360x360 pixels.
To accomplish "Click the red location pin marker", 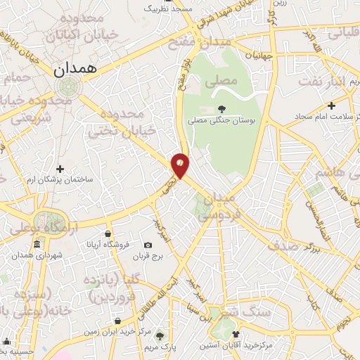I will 180,165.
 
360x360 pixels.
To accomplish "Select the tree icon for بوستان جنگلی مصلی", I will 222,109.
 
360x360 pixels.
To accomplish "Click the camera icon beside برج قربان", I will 147,245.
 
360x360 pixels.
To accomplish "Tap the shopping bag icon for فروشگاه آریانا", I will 108,234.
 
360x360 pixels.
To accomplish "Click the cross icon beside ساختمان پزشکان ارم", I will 60,169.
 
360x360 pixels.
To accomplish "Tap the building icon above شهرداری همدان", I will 37,245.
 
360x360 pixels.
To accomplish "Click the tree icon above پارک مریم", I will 161,335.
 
